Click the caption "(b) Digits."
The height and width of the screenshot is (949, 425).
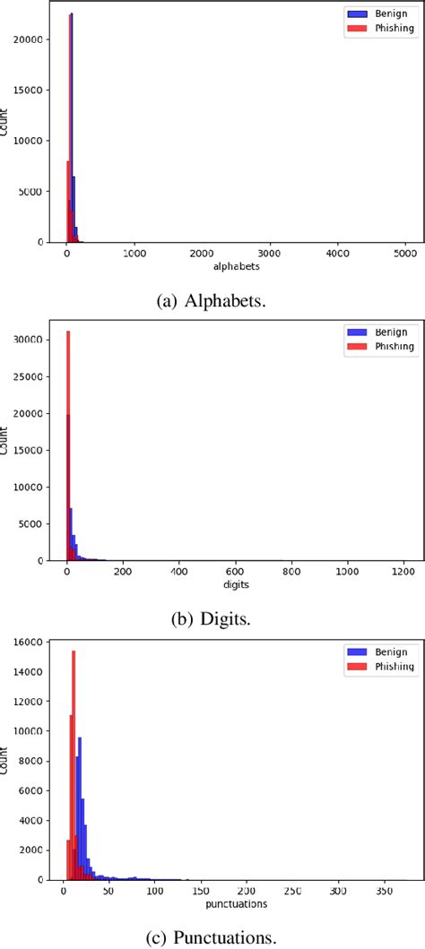point(212,618)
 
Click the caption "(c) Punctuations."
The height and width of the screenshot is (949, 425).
point(212,937)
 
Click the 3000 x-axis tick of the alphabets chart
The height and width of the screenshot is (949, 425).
point(270,254)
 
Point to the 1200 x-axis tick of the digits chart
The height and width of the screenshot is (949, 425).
point(403,572)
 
